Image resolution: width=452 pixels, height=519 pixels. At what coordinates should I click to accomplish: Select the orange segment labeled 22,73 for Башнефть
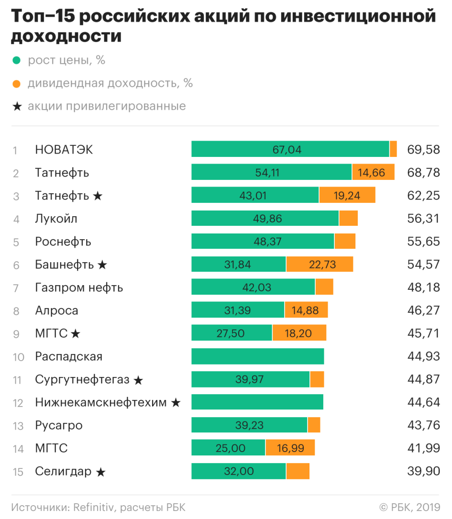click(320, 264)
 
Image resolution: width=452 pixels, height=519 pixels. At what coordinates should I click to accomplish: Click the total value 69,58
click(423, 150)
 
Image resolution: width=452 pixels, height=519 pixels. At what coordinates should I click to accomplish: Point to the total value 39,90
click(423, 471)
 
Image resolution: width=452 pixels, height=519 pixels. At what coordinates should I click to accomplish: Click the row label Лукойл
click(56, 219)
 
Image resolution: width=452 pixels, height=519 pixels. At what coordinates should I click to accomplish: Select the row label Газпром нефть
click(79, 287)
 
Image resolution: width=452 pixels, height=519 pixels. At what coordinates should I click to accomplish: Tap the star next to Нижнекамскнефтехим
click(176, 403)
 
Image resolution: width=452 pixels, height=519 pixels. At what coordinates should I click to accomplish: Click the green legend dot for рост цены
click(17, 61)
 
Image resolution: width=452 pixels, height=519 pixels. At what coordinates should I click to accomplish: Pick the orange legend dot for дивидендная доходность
click(17, 84)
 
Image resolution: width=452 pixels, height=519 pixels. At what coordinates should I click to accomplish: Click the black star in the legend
click(17, 107)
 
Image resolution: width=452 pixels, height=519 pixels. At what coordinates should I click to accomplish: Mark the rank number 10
click(18, 357)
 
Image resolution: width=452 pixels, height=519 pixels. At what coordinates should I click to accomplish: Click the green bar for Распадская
click(257, 356)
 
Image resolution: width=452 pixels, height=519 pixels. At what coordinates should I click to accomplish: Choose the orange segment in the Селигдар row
click(298, 471)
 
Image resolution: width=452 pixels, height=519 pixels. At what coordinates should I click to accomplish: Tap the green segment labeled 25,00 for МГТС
click(228, 448)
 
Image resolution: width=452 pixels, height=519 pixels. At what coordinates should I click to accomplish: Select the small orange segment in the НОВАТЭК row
click(393, 149)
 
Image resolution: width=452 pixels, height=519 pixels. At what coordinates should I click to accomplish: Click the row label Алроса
click(56, 310)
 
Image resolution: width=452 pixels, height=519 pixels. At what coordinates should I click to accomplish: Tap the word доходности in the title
click(66, 36)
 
